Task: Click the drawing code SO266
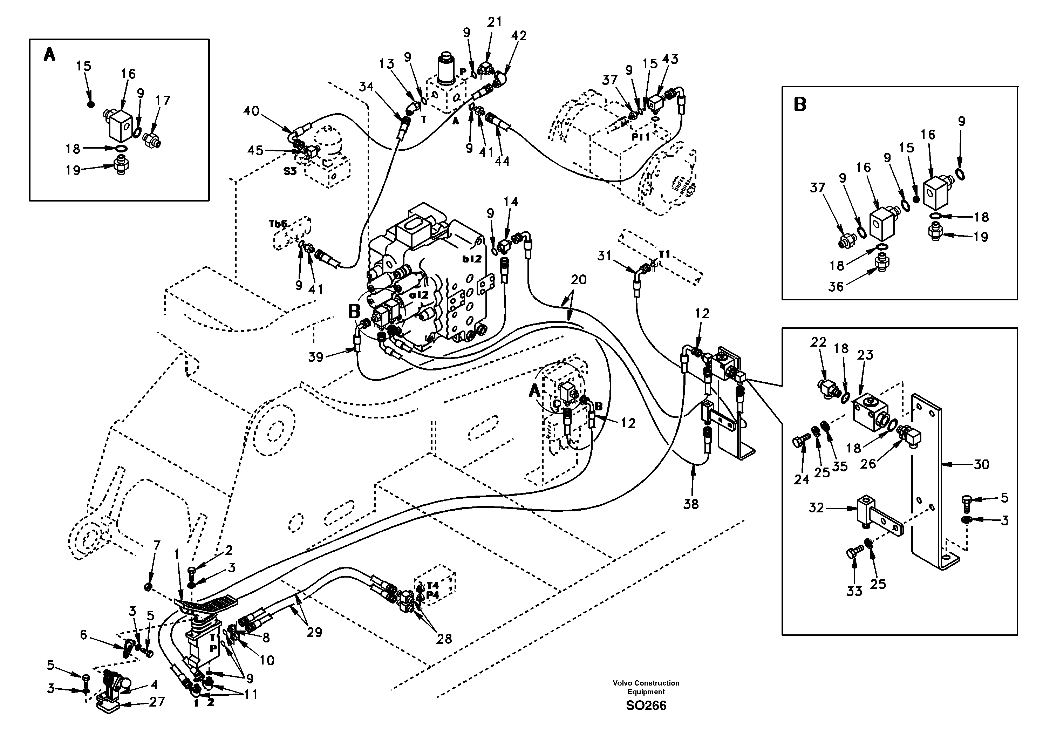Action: pyautogui.click(x=646, y=706)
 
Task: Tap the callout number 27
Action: pyautogui.click(x=157, y=702)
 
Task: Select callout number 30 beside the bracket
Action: pyautogui.click(x=981, y=464)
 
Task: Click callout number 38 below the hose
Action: pyautogui.click(x=691, y=504)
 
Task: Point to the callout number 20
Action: pyautogui.click(x=579, y=280)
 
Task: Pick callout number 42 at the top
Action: pyautogui.click(x=518, y=36)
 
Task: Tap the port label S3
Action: pyautogui.click(x=290, y=171)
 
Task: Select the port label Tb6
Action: pyautogui.click(x=278, y=224)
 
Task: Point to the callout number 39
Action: pyautogui.click(x=316, y=357)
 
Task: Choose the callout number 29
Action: pyautogui.click(x=314, y=632)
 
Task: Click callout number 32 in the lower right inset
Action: pyautogui.click(x=816, y=508)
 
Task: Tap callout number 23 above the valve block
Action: pyautogui.click(x=865, y=355)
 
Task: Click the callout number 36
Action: pyautogui.click(x=836, y=286)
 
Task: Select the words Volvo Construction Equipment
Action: pyautogui.click(x=646, y=687)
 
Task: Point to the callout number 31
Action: pyautogui.click(x=604, y=256)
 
